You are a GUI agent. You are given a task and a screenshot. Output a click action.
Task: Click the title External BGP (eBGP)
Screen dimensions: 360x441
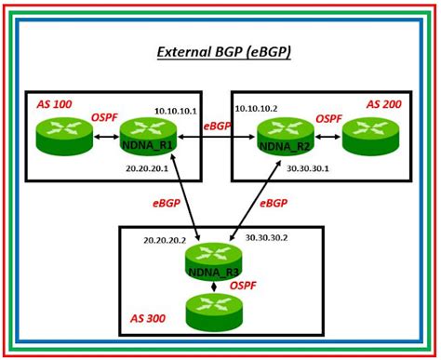(223, 52)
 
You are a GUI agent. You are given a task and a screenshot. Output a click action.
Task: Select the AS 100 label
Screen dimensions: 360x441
(54, 104)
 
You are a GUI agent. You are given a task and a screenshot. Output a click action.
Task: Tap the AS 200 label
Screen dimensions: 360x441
(383, 104)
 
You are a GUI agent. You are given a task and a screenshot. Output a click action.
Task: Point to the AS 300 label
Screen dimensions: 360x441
(147, 318)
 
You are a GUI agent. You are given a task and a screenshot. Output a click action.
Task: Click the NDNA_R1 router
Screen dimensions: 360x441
(149, 137)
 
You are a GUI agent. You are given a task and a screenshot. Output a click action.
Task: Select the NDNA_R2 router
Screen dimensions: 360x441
(285, 137)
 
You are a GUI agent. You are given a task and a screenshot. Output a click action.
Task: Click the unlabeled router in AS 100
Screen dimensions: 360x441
(65, 137)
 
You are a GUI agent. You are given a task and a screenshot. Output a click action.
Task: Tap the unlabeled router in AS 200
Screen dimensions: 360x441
(370, 137)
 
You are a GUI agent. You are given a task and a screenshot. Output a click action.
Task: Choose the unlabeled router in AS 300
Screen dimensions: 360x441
(215, 312)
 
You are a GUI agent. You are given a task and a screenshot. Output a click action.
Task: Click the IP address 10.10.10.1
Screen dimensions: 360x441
(174, 110)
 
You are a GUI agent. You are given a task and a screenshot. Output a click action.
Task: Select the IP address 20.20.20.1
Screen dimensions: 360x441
(146, 168)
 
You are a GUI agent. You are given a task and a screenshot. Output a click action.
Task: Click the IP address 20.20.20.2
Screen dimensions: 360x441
(164, 240)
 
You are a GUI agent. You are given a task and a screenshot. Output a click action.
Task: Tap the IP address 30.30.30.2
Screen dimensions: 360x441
(266, 238)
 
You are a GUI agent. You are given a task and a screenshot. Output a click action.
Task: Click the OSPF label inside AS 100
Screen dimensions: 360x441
(104, 118)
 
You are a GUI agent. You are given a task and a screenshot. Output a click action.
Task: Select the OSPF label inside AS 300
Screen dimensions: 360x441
(243, 286)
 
